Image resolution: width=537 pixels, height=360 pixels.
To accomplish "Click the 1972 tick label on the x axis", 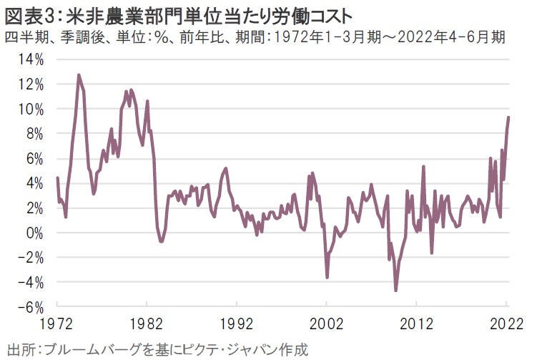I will [x=57, y=323].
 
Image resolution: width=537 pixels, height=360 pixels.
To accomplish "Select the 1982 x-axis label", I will [x=147, y=323].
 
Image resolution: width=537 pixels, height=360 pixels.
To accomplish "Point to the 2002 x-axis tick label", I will [x=327, y=323].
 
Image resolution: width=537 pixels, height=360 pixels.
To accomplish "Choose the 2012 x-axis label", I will [x=417, y=323].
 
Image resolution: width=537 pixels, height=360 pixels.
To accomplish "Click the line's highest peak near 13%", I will [x=79, y=74].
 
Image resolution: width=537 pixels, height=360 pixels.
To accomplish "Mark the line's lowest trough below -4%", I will [x=395, y=290].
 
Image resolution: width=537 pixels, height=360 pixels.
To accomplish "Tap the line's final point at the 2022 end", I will [x=508, y=117].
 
